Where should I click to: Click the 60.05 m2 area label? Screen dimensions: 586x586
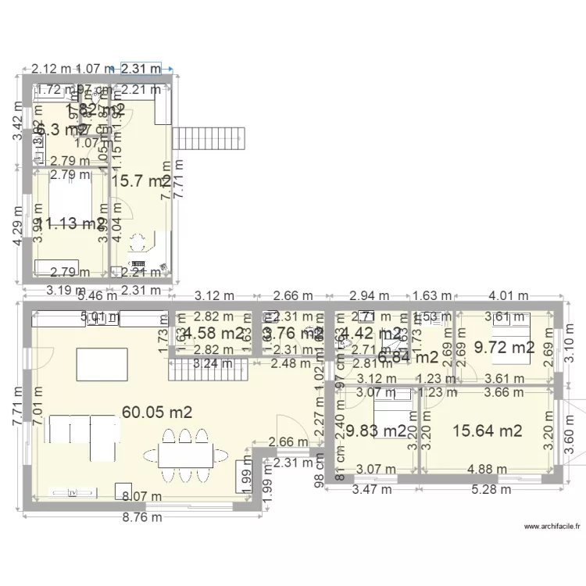pos(157,412)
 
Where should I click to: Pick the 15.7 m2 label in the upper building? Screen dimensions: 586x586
pos(141,181)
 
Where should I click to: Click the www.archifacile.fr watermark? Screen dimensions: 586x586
pos(552,527)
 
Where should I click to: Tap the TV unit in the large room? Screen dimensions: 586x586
pos(73,493)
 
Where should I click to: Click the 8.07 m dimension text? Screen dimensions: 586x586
pos(141,496)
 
